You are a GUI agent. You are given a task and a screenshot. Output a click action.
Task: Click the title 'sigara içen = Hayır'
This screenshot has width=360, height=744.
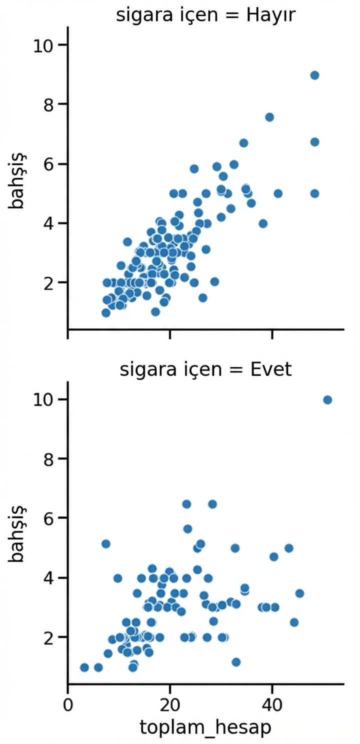tap(206, 15)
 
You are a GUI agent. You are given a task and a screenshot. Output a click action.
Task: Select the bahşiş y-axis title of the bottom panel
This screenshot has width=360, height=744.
tap(16, 533)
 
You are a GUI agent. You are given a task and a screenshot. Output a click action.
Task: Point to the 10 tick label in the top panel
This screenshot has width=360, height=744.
tap(43, 45)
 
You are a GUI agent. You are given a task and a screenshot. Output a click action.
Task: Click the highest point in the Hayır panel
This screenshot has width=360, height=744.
tap(314, 75)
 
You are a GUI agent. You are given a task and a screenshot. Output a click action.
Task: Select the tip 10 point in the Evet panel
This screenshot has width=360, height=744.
tap(327, 400)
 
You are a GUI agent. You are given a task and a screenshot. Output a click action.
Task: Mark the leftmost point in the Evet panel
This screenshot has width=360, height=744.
tap(84, 667)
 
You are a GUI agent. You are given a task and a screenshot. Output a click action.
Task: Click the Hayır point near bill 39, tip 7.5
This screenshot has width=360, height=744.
tap(269, 117)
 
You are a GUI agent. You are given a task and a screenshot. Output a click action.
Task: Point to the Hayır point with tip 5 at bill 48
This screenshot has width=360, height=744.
tap(314, 193)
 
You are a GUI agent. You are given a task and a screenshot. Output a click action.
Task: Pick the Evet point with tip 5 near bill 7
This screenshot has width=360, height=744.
tap(105, 544)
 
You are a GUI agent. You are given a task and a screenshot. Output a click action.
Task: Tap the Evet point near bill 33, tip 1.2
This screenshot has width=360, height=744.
tap(236, 662)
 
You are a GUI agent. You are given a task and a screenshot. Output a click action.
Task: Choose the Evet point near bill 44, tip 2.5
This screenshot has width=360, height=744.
tap(294, 622)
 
